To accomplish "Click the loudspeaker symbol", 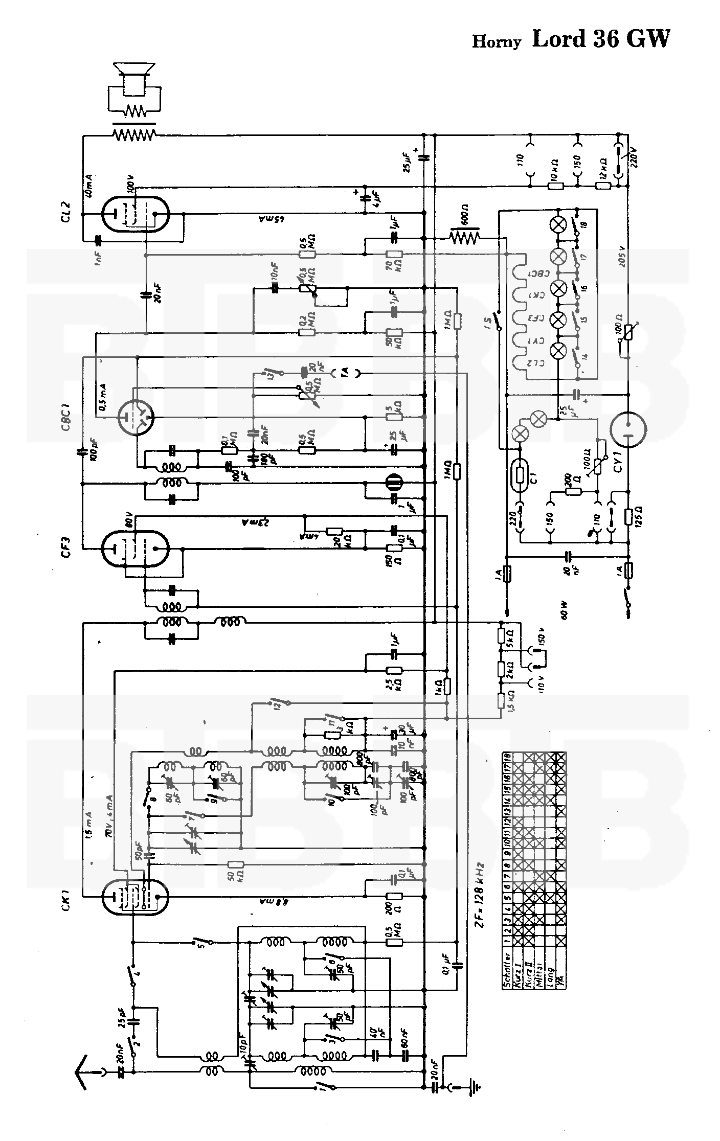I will [x=133, y=76].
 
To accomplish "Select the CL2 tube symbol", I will [x=136, y=214].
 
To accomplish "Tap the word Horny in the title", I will [x=496, y=41].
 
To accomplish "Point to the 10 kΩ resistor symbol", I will [x=556, y=186].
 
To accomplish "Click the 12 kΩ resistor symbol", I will [x=603, y=186].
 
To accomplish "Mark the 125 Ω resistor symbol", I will [x=628, y=516].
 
